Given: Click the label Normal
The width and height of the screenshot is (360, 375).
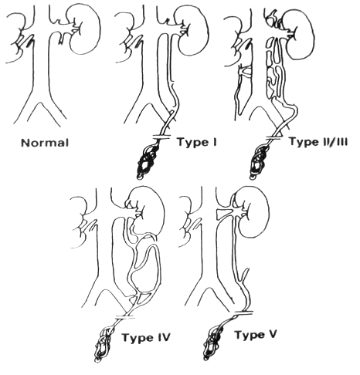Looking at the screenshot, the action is click(45, 143).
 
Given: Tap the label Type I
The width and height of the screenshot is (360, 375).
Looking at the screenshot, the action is click(197, 142).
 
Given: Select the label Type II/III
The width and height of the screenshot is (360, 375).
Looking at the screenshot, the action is click(318, 142).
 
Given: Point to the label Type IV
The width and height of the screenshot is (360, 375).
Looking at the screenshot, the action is click(146, 337).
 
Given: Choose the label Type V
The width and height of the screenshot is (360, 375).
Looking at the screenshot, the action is click(256, 336).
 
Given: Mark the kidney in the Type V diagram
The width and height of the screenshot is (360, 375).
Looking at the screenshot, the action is click(253, 212).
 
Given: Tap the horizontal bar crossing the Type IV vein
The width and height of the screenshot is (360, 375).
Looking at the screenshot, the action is click(125, 317).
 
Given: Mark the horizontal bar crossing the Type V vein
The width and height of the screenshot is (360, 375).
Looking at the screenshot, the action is click(243, 312).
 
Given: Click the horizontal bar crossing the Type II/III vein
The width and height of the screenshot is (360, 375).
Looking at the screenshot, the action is click(276, 138).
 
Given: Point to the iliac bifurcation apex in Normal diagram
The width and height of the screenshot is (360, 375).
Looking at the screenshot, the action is click(40, 103).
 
